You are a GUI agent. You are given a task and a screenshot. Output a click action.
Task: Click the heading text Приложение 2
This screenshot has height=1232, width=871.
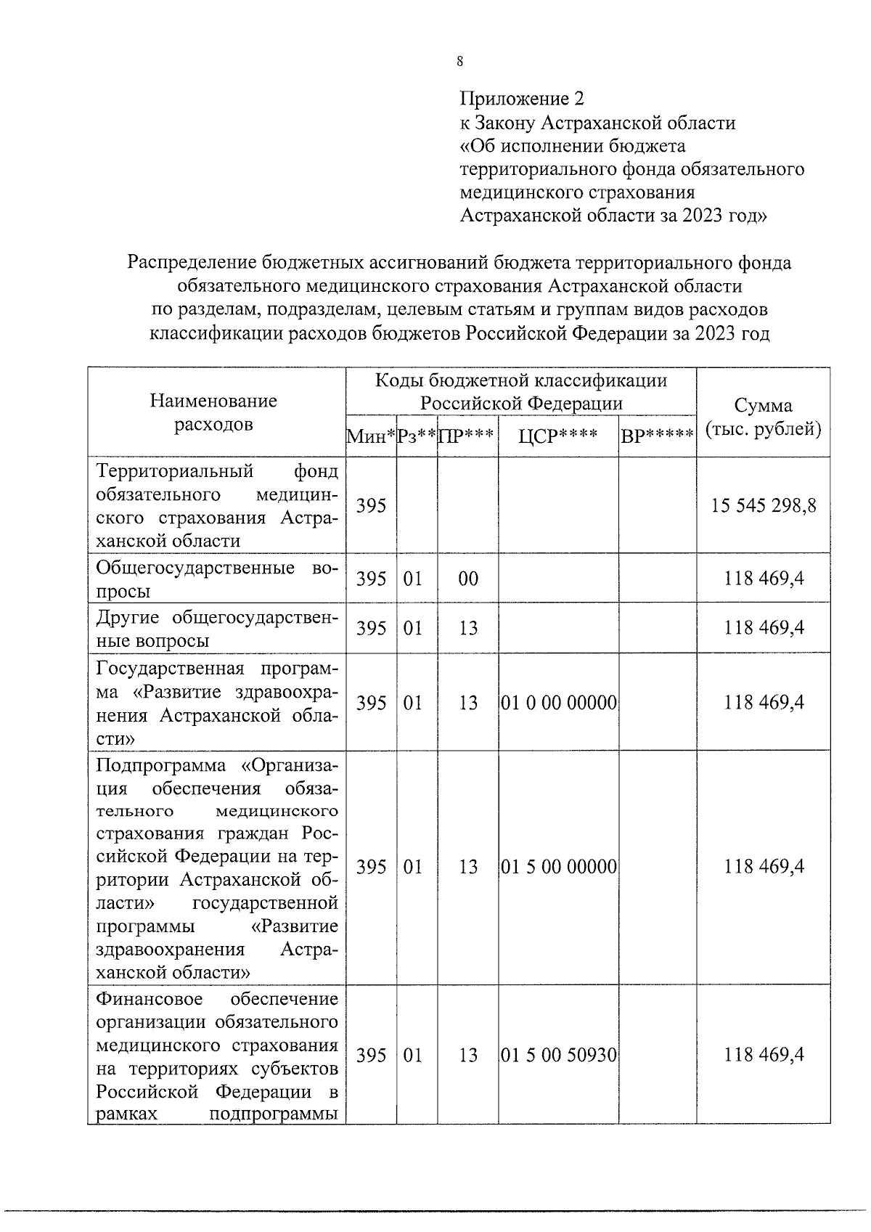coord(521,99)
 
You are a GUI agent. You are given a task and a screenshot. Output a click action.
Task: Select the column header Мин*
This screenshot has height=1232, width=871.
coord(371,436)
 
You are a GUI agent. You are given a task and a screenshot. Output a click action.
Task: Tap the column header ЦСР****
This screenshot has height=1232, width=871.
coord(557,436)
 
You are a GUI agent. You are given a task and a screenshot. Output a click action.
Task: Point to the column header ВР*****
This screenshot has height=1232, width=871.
coord(657,436)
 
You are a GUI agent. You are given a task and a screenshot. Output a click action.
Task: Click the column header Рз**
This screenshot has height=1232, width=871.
coord(417,436)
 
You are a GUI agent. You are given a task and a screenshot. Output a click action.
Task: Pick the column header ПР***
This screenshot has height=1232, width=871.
coord(467,436)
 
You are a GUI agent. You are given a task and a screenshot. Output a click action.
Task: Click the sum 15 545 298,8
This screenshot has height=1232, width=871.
coord(764,505)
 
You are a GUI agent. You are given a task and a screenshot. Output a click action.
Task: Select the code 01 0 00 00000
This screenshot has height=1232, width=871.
coord(558,703)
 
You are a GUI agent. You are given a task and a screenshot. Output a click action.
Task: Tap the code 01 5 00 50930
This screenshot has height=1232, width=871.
coord(558,1055)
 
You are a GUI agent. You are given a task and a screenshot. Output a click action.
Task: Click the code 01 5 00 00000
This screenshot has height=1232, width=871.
coord(558,867)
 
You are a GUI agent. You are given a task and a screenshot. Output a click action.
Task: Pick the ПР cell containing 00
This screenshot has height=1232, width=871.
coord(468,579)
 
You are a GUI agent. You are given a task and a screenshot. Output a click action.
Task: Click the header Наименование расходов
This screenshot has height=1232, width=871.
coord(213,412)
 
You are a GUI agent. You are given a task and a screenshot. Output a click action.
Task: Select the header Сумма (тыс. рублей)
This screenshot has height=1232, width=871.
coord(763,417)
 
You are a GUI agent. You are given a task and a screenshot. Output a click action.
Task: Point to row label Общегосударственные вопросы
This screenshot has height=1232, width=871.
coord(217,579)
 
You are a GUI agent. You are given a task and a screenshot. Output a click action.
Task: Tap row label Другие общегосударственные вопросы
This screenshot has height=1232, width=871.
coord(217,629)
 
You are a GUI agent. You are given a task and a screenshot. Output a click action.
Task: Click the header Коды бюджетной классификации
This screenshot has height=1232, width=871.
coord(520,381)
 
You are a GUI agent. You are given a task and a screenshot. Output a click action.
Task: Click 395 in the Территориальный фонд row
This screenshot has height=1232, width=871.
coord(371,505)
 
